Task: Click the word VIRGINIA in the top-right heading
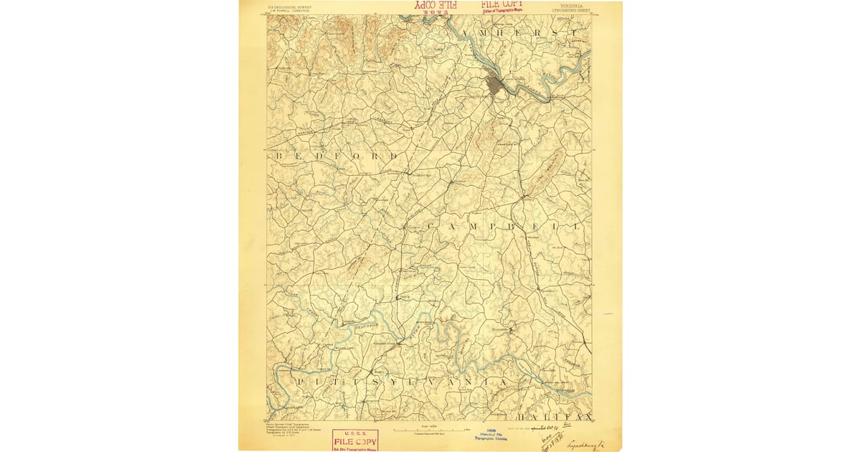[568, 5]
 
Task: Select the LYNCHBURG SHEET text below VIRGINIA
[568, 11]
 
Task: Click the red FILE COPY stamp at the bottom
[355, 439]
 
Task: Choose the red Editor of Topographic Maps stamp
[502, 6]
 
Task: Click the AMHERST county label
[529, 33]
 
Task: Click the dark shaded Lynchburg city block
[495, 85]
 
